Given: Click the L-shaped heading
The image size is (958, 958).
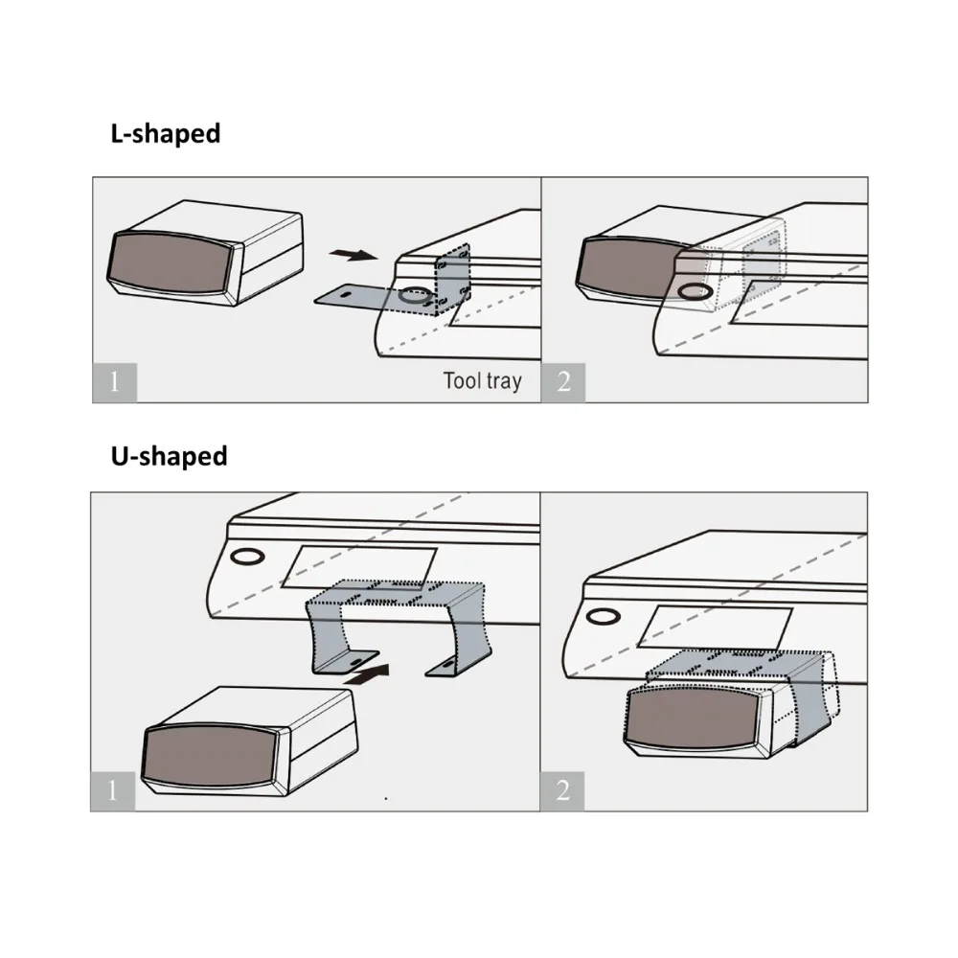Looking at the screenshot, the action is (166, 134).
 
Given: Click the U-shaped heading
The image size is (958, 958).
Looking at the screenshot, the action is (170, 456).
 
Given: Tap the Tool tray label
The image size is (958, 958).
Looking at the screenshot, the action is (483, 380).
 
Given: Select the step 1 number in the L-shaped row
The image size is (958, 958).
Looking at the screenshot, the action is (114, 382).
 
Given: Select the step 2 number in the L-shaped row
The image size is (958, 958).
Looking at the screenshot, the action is (563, 382).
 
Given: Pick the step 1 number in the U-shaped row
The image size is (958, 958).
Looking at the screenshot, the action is (112, 791).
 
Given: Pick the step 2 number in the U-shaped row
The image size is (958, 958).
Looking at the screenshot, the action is (562, 791).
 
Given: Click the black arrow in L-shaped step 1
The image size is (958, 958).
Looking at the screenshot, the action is (354, 254).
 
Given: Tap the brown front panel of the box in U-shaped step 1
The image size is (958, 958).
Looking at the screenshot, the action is (209, 755).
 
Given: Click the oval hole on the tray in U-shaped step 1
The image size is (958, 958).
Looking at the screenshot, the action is (247, 557).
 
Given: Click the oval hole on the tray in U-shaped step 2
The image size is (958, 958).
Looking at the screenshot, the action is (603, 616).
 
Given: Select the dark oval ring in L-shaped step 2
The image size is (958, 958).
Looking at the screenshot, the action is (695, 291).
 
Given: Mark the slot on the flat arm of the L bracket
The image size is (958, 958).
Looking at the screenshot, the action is (346, 295).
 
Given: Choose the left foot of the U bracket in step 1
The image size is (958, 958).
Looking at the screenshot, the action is (345, 662).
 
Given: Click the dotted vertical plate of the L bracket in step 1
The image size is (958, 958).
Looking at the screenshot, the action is (453, 280).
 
